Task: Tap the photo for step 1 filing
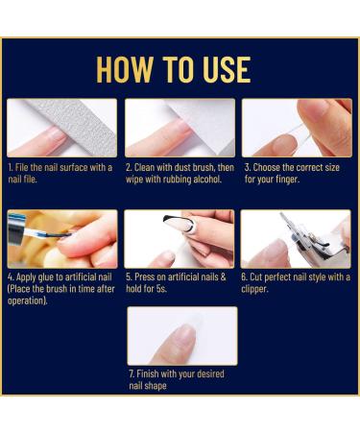click(x=62, y=128)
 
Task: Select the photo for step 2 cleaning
click(x=180, y=128)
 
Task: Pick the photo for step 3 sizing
click(x=297, y=128)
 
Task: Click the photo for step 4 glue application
click(x=62, y=239)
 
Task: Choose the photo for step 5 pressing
click(x=180, y=239)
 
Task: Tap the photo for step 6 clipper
click(x=297, y=239)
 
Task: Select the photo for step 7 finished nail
click(x=182, y=336)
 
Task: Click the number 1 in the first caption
click(x=10, y=167)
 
